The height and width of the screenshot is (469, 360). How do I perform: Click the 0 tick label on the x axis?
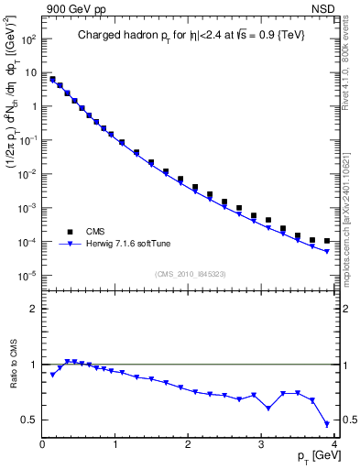point(42,445)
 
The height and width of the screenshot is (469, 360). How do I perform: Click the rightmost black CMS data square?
point(327,241)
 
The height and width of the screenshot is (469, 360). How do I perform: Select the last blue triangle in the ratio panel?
point(327,424)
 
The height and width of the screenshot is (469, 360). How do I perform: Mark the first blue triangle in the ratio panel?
point(52,375)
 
